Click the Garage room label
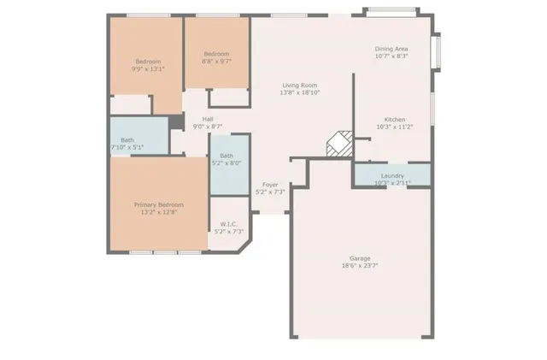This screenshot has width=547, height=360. tap(359, 257)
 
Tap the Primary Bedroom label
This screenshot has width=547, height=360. tap(158, 204)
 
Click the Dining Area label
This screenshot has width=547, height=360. tap(391, 49)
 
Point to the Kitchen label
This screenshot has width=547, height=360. tap(394, 119)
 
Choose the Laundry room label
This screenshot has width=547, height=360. tap(392, 175)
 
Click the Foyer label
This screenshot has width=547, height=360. tap(270, 185)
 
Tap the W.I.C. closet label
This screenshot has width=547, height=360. tap(226, 224)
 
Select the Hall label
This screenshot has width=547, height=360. tap(208, 119)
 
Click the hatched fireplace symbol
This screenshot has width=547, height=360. tap(339, 144)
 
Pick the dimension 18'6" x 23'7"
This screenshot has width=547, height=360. tap(359, 265)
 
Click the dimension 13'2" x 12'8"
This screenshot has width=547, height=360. tap(158, 212)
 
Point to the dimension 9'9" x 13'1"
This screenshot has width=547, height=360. tap(148, 68)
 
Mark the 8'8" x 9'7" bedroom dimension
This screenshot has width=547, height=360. tap(215, 62)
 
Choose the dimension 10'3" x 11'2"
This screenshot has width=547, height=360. tap(394, 127)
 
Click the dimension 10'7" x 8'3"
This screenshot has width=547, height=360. tap(391, 56)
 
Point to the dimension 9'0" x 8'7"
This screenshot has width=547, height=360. tap(208, 127)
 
